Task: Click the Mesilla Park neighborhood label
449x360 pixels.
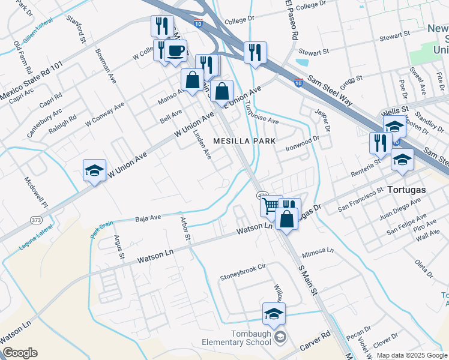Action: pyautogui.click(x=245, y=141)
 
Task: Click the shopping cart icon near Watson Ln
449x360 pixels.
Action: pyautogui.click(x=270, y=206)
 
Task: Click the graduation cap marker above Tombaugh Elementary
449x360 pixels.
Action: pyautogui.click(x=274, y=313)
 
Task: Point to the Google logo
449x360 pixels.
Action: pyautogui.click(x=19, y=353)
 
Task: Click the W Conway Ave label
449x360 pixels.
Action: pyautogui.click(x=104, y=113)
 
